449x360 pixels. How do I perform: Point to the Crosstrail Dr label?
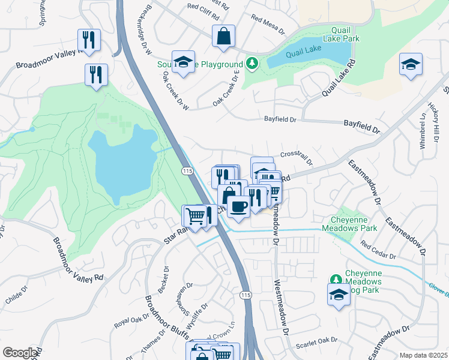(297, 158)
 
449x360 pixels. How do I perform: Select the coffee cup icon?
(238, 206)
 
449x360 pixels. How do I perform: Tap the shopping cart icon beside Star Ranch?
(194, 215)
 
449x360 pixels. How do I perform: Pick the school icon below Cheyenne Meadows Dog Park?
(339, 294)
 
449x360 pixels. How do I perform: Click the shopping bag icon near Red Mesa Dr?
(223, 35)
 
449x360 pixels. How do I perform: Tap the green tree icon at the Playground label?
(253, 64)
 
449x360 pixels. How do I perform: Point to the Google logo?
(20, 353)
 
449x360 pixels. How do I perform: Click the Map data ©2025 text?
(423, 355)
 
